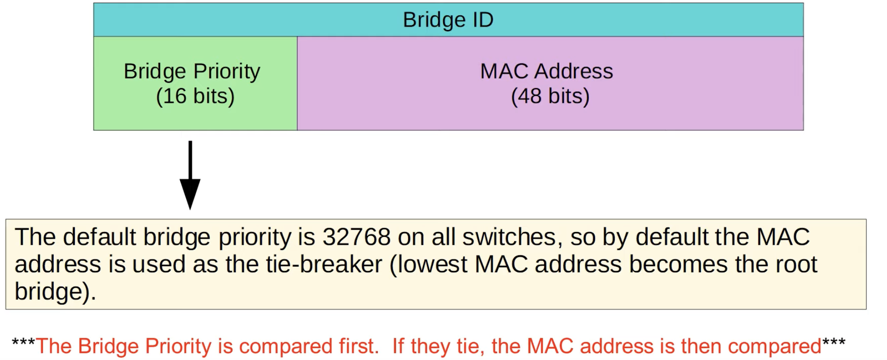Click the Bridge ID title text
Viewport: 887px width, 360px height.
coord(448,20)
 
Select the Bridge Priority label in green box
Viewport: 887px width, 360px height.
coord(192,72)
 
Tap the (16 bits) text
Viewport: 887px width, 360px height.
coord(195,96)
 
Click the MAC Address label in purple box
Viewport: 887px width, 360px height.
coord(546,72)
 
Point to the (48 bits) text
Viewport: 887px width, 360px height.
coord(550,96)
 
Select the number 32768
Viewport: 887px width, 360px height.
coord(356,237)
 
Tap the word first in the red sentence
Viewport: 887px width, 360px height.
coord(359,346)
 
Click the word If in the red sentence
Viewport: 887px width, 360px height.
coord(398,346)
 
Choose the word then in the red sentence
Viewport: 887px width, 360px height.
coord(702,346)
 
